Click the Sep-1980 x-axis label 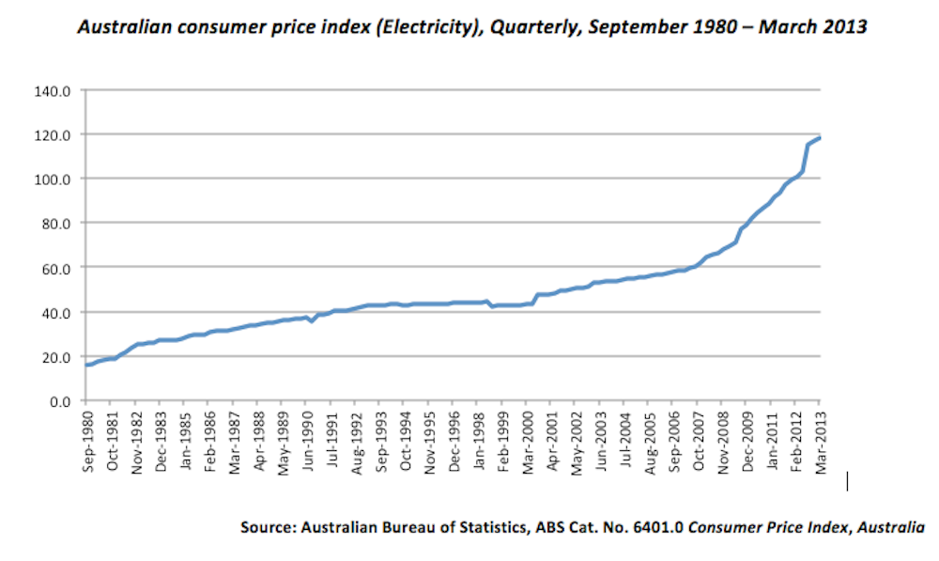coord(87,440)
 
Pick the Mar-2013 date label coord(820,440)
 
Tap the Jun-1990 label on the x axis coord(307,440)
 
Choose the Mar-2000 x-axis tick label coord(527,440)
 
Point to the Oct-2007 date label coord(698,440)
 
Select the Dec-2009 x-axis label coord(747,440)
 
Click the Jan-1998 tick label coord(478,440)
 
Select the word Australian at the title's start coord(121,27)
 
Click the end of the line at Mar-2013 coord(820,138)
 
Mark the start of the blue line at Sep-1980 coord(87,365)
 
